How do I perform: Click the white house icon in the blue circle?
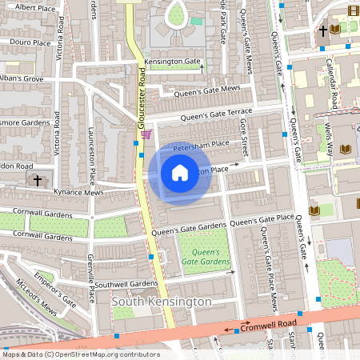click(180, 172)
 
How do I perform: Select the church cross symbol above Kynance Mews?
click(38, 181)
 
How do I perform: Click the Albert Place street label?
click(35, 6)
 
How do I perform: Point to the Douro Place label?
click(31, 42)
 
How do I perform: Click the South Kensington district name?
click(162, 302)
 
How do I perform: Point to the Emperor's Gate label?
click(58, 292)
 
